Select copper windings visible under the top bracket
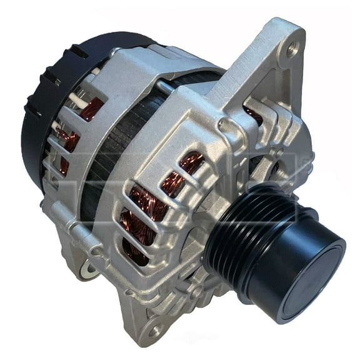coord(253,114)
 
